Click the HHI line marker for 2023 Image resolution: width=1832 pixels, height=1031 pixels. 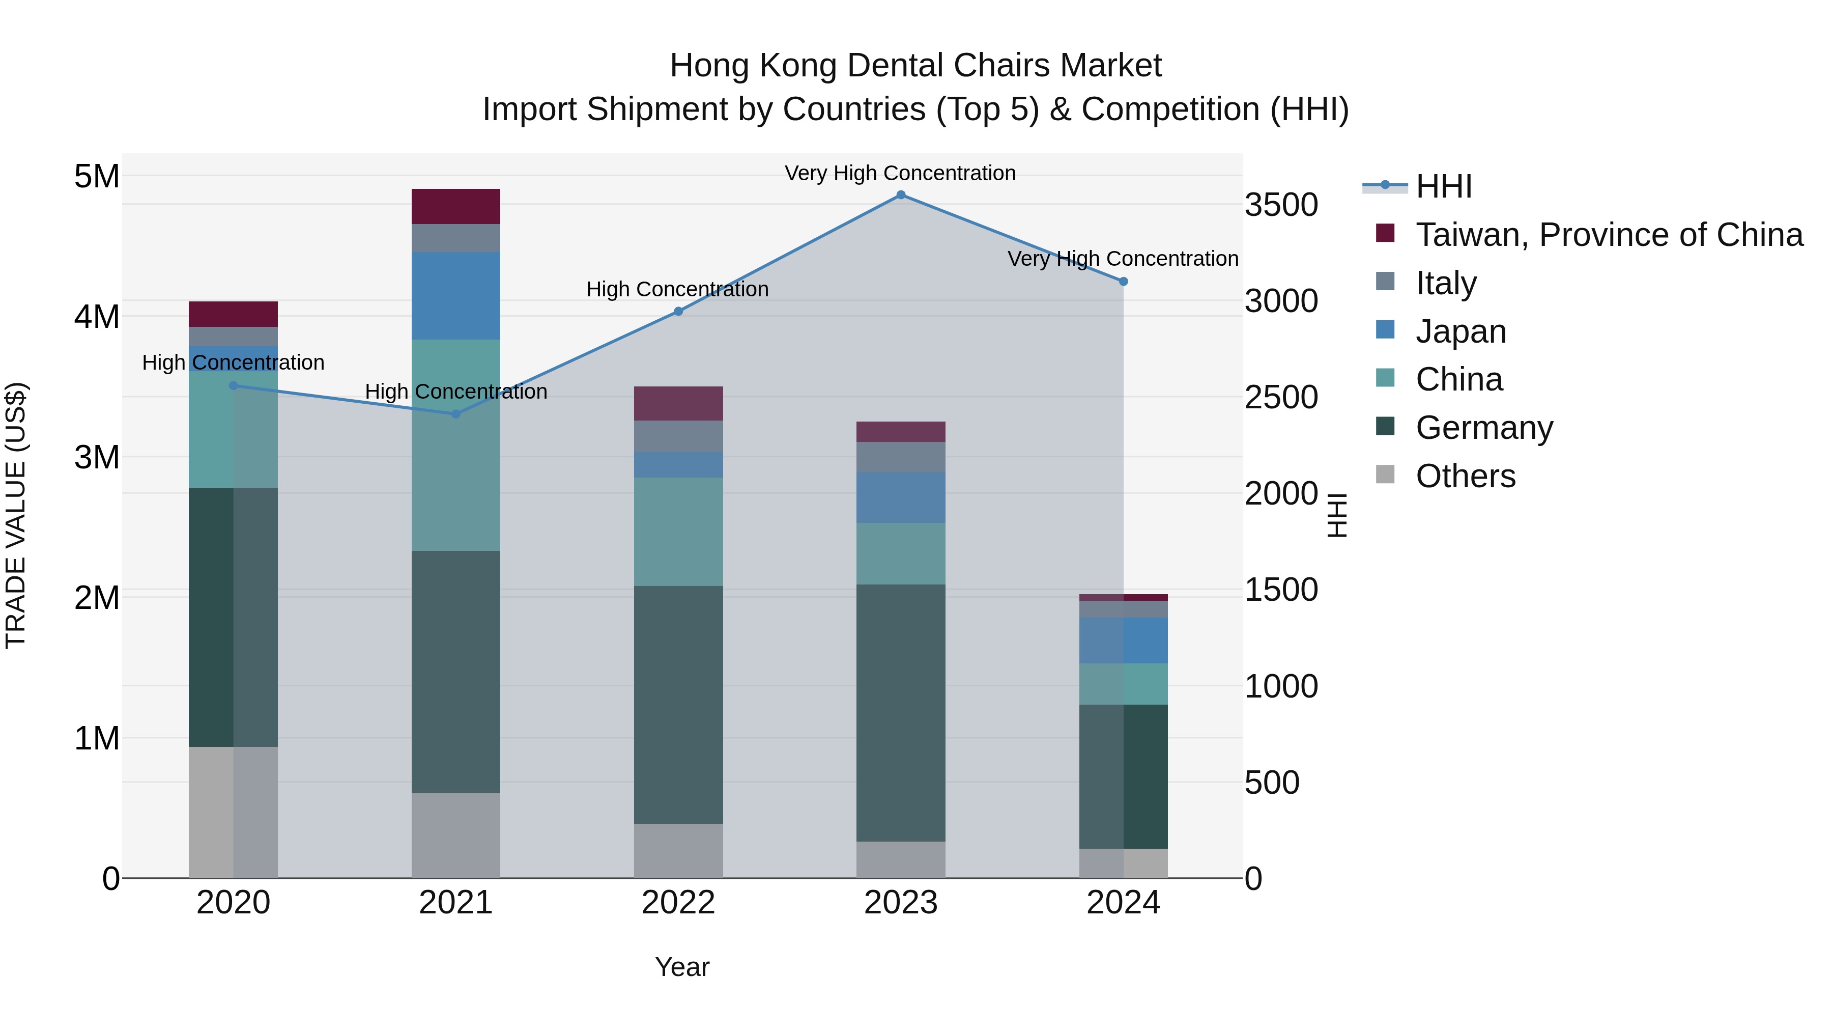pos(900,195)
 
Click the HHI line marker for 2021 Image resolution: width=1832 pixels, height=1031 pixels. pos(456,414)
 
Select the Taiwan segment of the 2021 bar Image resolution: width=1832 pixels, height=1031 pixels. pos(456,206)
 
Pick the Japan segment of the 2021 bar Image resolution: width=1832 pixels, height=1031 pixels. pos(456,295)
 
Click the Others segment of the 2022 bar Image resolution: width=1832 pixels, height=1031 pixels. pos(678,850)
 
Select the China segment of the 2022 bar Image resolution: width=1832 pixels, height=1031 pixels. pos(678,532)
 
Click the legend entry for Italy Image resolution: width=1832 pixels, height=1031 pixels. pos(1446,283)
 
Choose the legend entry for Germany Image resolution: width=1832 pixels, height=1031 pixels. pos(1483,428)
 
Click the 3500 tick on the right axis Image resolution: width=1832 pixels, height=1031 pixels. pos(1281,205)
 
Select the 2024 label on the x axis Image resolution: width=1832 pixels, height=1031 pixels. pos(1123,903)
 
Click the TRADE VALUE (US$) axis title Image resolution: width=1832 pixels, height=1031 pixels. pos(16,515)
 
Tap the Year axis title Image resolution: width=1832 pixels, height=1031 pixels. pos(681,967)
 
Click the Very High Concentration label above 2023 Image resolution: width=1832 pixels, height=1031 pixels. pos(900,173)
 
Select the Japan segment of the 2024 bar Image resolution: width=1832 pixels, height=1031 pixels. pos(1123,640)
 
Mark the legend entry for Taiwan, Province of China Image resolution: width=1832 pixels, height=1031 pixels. pos(1609,235)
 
